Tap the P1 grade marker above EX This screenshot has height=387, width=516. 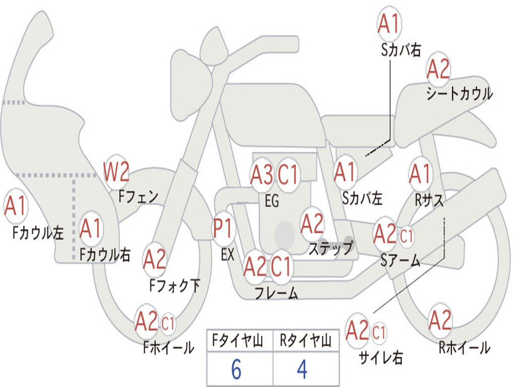click(223, 228)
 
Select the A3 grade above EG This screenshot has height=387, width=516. click(262, 174)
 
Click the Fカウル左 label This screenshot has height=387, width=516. click(38, 233)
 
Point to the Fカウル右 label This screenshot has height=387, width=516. click(105, 254)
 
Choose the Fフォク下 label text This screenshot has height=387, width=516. click(175, 285)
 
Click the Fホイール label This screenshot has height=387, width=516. click(168, 347)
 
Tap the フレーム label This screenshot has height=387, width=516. click(277, 293)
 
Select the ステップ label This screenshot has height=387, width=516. click(331, 248)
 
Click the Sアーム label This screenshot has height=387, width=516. click(401, 261)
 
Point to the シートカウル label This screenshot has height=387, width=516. click(460, 93)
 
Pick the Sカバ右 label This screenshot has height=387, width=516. click(401, 50)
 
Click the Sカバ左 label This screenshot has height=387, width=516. click(362, 198)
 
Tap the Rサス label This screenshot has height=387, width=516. click(429, 200)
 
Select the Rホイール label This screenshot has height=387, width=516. click(464, 347)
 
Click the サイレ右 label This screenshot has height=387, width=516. click(380, 357)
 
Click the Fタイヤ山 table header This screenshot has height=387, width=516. click(238, 340)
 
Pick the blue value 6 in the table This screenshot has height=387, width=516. click(236, 369)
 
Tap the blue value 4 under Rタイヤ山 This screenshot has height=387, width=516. click(302, 369)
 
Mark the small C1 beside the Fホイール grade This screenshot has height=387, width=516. click(168, 324)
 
